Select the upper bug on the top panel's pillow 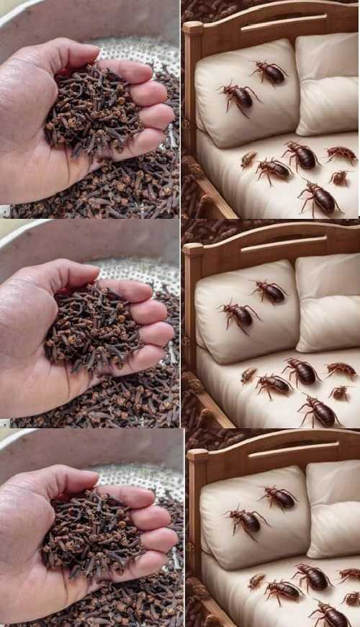coord(269,71)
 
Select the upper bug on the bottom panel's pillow coord(277,496)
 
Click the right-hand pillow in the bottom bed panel coord(333,508)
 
